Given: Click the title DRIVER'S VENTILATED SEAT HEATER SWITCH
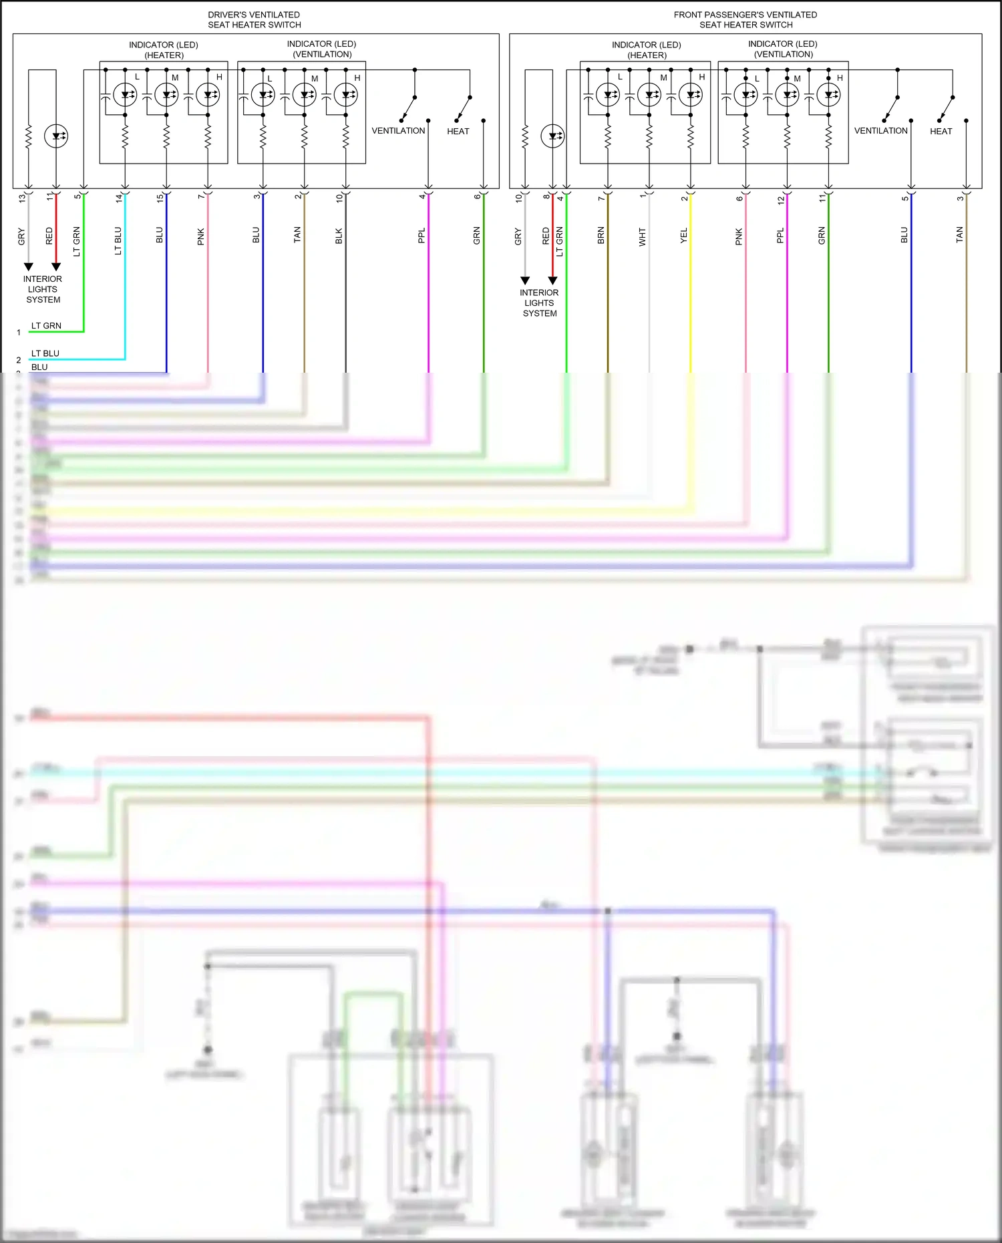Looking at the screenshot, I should pyautogui.click(x=254, y=19).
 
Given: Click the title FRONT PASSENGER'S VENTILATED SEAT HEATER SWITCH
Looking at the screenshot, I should pyautogui.click(x=745, y=19).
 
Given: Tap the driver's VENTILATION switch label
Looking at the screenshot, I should pyautogui.click(x=398, y=131).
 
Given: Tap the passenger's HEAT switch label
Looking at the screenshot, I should pyautogui.click(x=941, y=132).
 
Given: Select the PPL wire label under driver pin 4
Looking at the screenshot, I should pyautogui.click(x=422, y=236).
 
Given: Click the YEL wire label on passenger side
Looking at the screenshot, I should pyautogui.click(x=683, y=236).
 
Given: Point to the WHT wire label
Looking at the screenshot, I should pyautogui.click(x=642, y=236).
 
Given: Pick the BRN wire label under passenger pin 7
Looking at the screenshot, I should pyautogui.click(x=601, y=235).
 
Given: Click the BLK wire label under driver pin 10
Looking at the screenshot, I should pyautogui.click(x=339, y=236).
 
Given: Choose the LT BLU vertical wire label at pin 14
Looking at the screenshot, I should pyautogui.click(x=118, y=240).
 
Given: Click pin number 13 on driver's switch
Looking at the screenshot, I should pyautogui.click(x=22, y=198).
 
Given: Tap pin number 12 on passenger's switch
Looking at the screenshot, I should pyautogui.click(x=780, y=200).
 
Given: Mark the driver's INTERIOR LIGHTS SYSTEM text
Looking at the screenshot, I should pyautogui.click(x=43, y=289).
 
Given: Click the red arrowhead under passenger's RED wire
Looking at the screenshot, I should pyautogui.click(x=552, y=281).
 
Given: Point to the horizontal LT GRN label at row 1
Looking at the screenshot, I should pyautogui.click(x=46, y=326).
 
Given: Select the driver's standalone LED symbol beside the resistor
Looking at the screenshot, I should pyautogui.click(x=56, y=136).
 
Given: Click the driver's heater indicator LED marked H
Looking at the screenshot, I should pyautogui.click(x=208, y=95).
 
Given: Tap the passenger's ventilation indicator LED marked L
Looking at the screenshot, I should pyautogui.click(x=745, y=95).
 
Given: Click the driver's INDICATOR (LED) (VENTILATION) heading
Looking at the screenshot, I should pyautogui.click(x=321, y=49).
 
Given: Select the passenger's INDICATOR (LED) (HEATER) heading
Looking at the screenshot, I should pyautogui.click(x=646, y=50).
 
